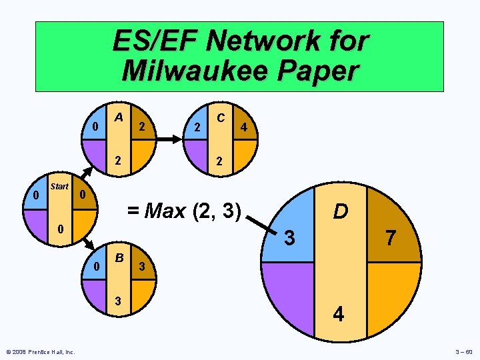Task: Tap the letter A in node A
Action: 118,117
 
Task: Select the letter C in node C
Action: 220,117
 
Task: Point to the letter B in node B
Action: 119,257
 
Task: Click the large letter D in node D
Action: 340,211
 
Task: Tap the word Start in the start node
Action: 59,187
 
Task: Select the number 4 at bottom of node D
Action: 339,313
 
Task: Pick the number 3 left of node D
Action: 289,237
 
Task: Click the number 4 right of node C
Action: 245,127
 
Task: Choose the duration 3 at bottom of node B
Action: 118,300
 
